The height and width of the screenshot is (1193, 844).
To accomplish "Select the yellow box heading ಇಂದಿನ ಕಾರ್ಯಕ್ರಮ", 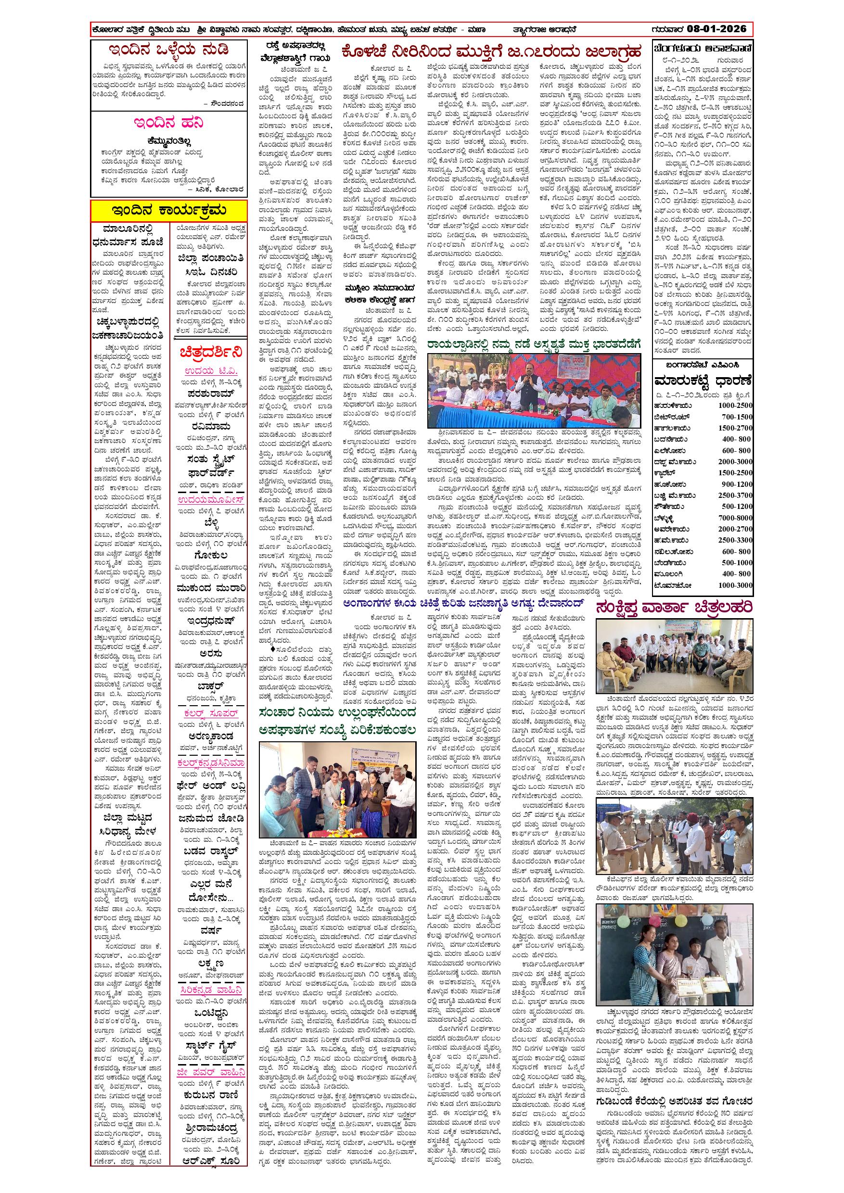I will click(x=169, y=210).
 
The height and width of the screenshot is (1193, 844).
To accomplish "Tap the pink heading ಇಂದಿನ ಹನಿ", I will click(x=168, y=123).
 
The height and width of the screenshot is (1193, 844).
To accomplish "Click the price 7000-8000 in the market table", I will click(x=735, y=518).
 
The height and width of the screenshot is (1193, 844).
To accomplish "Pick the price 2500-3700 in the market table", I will click(x=735, y=495).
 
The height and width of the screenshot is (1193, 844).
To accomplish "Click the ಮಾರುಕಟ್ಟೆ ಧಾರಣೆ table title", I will click(x=703, y=380).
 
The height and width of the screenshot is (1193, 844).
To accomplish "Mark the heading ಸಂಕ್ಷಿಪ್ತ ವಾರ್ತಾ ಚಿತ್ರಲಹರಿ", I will click(x=675, y=608).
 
